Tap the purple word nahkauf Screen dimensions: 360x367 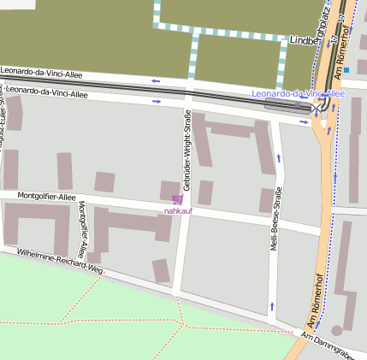178,210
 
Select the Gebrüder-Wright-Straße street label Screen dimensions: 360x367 186,150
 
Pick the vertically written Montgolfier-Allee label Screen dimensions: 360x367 82,230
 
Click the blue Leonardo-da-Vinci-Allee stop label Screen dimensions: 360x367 299,93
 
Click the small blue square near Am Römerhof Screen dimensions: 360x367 346,70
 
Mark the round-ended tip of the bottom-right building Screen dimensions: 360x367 337,329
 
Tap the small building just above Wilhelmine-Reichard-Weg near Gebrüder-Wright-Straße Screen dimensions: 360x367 161,270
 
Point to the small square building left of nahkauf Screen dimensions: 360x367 104,181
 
